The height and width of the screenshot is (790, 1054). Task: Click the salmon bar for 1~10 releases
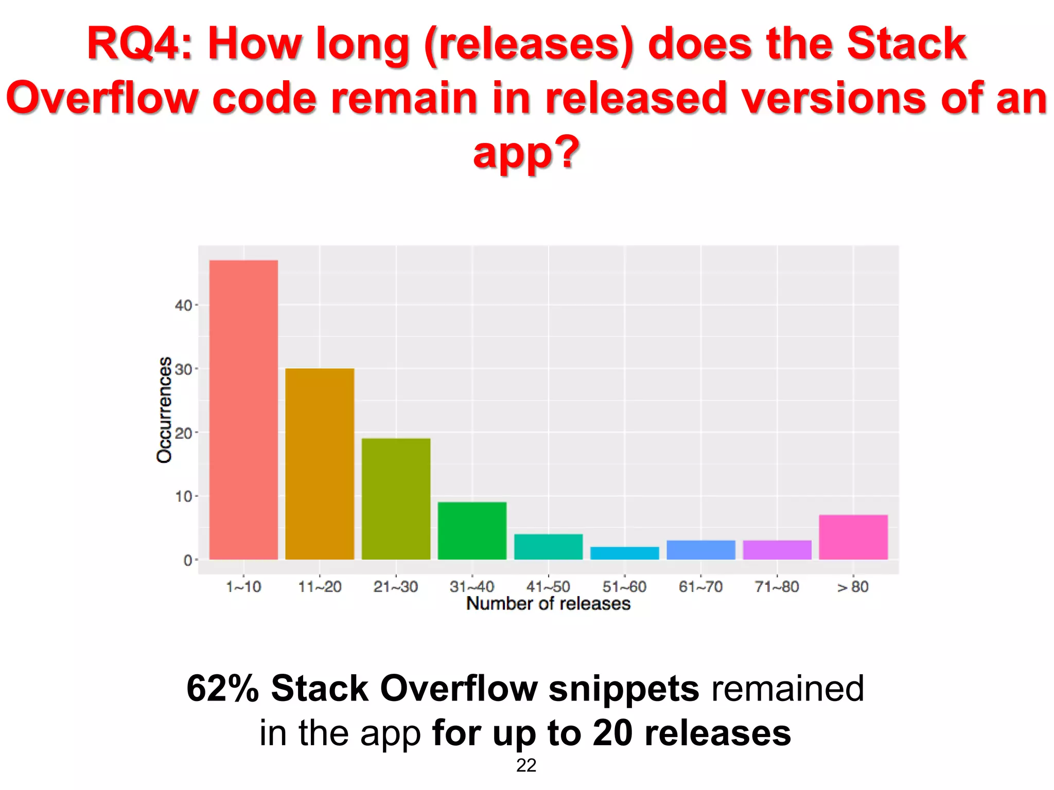[x=243, y=409]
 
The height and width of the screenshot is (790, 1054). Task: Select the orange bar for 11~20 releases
[x=320, y=463]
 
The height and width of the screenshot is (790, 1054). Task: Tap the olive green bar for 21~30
[x=396, y=498]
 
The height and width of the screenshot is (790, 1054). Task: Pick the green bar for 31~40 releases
[x=472, y=530]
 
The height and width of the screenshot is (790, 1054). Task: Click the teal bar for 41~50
[x=548, y=547]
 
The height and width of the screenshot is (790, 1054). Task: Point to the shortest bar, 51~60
[x=624, y=553]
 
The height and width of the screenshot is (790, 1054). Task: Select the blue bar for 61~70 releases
[x=700, y=550]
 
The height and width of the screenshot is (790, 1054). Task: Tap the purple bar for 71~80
[x=777, y=550]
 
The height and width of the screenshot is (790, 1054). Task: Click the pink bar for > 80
[x=853, y=537]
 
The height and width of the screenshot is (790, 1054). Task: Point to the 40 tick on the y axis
[x=183, y=306]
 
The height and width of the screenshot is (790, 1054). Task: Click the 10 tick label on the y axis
[x=183, y=496]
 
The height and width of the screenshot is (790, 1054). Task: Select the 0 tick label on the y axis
[x=187, y=560]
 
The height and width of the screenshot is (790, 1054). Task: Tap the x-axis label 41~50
[x=548, y=587]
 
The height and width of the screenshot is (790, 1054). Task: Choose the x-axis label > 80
[x=853, y=587]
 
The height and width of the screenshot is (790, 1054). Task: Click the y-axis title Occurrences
[x=164, y=409]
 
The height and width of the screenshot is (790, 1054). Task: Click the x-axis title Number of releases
[x=548, y=603]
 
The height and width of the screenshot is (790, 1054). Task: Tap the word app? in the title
[x=526, y=153]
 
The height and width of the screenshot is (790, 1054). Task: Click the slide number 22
[x=526, y=765]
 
